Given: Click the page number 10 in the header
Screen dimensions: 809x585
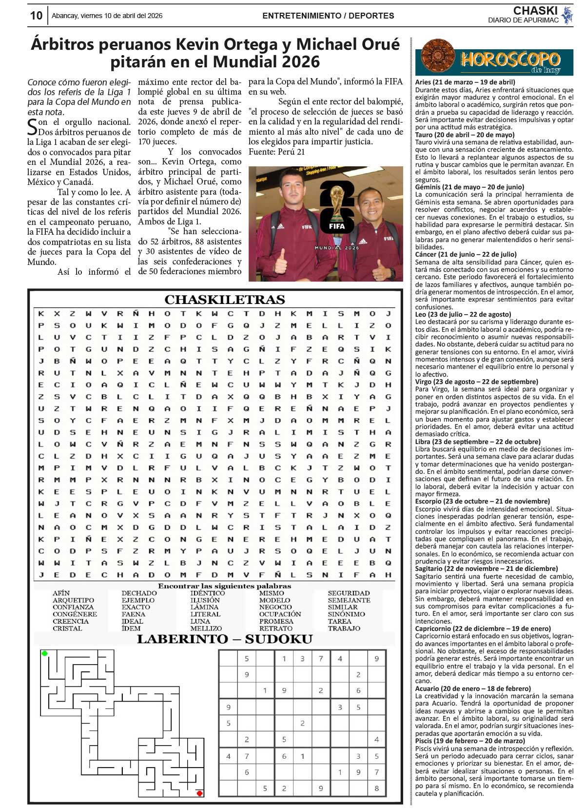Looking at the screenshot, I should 36,16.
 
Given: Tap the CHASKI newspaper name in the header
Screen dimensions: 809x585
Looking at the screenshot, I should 535,11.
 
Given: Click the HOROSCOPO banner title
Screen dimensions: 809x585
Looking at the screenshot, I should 510,60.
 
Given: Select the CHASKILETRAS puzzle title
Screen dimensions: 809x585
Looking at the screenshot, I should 225,299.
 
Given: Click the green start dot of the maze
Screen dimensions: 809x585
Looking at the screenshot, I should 45,653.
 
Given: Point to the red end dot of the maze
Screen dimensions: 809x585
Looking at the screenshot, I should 199,793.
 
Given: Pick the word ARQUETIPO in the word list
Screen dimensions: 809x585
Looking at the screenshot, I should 73,600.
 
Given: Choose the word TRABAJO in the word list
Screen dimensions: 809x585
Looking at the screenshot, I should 344,628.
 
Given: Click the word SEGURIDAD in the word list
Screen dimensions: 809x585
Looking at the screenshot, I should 349,593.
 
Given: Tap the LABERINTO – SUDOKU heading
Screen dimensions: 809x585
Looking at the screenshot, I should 225,639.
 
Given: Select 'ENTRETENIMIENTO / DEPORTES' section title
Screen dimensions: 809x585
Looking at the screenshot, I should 328,16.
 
